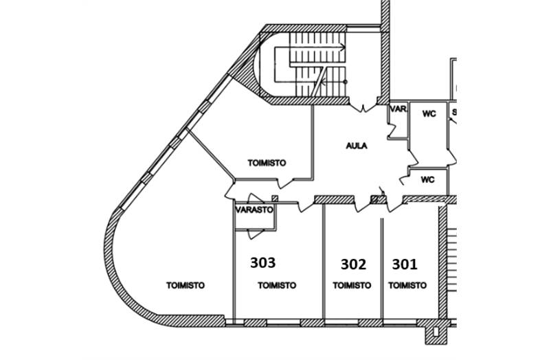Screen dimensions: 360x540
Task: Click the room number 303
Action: pos(262,262)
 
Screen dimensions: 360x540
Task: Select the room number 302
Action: pos(353,263)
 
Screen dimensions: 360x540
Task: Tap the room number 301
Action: pos(404,263)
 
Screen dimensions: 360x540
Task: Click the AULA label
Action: pos(356,146)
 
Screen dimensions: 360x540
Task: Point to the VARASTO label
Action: pos(255,210)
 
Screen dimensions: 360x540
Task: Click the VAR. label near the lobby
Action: pos(398,109)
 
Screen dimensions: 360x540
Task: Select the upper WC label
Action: pos(429,114)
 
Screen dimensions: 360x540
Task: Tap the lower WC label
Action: pos(427,181)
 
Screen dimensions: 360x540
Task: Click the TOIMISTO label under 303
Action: pos(276,285)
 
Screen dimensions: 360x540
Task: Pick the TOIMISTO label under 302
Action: pos(352,285)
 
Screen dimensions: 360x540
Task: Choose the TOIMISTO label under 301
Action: pos(407,285)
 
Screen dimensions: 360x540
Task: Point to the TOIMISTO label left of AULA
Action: pos(266,163)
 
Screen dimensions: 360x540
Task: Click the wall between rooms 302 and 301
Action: pos(382,268)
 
